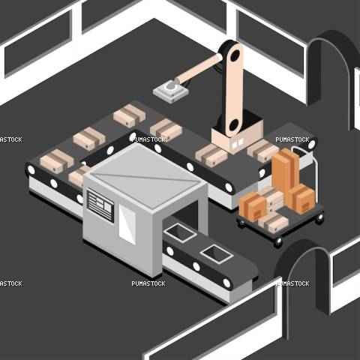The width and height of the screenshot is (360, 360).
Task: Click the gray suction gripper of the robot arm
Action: coord(171,91)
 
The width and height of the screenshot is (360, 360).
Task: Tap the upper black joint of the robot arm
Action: coord(235,55)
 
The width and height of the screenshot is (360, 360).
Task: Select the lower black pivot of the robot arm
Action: coord(234,125)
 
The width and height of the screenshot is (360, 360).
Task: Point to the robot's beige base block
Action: coord(237,136)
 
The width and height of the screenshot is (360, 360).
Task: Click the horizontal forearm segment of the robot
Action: coord(199,70)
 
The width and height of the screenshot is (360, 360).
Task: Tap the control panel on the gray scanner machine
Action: coord(100,205)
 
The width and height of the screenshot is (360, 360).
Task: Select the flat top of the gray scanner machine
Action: coord(145,175)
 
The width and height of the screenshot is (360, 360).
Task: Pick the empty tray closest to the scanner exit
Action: coord(180,233)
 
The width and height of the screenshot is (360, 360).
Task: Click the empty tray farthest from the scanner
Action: coord(217,253)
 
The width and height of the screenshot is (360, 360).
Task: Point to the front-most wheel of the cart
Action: coord(278,241)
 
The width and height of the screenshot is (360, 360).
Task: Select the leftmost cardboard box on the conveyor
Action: coord(57,161)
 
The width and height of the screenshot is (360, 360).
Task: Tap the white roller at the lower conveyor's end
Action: coord(226,283)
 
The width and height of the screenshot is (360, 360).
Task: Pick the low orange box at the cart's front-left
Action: coord(253,208)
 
